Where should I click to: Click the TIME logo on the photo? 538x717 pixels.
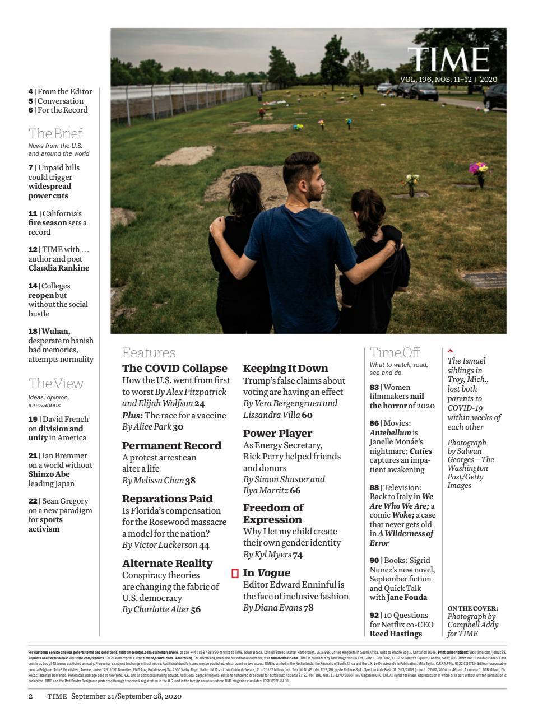pyautogui.click(x=448, y=59)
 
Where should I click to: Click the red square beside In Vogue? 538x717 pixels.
pyautogui.click(x=235, y=573)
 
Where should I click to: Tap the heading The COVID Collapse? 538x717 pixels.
pyautogui.click(x=175, y=368)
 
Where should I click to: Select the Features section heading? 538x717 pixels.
pyautogui.click(x=149, y=352)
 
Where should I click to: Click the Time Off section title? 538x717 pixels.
pyautogui.click(x=395, y=352)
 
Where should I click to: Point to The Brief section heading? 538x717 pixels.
pyautogui.click(x=55, y=133)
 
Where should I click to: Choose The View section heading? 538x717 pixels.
pyautogui.click(x=55, y=383)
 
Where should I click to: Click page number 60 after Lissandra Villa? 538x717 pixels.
pyautogui.click(x=307, y=415)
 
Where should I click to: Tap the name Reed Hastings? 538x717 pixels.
pyautogui.click(x=396, y=634)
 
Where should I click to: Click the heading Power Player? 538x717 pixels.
pyautogui.click(x=277, y=433)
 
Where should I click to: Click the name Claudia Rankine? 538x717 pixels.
pyautogui.click(x=59, y=268)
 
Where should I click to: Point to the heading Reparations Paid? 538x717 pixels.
pyautogui.click(x=168, y=499)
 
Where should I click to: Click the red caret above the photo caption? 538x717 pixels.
pyautogui.click(x=451, y=351)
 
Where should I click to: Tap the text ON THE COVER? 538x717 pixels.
pyautogui.click(x=472, y=608)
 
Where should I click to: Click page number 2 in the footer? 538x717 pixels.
pyautogui.click(x=31, y=696)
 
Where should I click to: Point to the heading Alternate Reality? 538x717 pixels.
pyautogui.click(x=167, y=563)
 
